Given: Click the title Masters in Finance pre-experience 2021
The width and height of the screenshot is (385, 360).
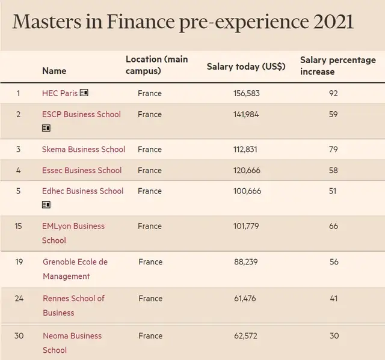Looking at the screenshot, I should [x=183, y=22].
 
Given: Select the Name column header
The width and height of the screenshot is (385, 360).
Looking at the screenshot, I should [x=54, y=71].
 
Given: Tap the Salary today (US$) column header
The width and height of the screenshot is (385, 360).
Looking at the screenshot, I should [x=246, y=66].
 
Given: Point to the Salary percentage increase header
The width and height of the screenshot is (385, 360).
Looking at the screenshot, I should [x=337, y=66].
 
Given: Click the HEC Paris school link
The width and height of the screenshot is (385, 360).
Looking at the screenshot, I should [x=60, y=93].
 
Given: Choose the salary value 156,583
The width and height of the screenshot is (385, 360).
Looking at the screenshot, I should [x=246, y=93].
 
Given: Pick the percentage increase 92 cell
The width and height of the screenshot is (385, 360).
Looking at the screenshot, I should [x=333, y=93].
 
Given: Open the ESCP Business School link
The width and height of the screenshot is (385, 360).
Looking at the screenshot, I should [x=81, y=114].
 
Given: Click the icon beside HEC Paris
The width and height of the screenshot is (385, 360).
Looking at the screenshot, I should [x=84, y=93].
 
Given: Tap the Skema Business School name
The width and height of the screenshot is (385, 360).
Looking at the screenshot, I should [x=84, y=149].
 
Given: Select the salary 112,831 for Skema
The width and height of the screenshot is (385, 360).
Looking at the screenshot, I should [x=245, y=149].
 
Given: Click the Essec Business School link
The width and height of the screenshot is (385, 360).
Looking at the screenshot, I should [x=82, y=170].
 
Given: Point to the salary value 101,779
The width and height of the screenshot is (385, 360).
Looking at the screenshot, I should [x=245, y=226].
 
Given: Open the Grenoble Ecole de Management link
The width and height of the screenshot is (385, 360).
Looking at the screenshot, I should [x=75, y=269].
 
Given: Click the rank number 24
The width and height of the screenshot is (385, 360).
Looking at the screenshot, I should [x=19, y=298].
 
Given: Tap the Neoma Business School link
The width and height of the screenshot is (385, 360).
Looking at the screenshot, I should [x=72, y=343].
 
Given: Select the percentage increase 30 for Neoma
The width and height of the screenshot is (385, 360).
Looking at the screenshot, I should [x=333, y=335].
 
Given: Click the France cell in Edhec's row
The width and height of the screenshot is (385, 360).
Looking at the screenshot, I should [x=149, y=191].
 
